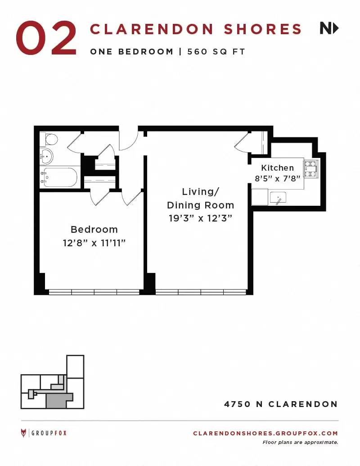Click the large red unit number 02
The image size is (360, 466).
[46, 38]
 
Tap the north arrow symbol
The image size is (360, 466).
[329, 28]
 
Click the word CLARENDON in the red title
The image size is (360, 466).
[152, 29]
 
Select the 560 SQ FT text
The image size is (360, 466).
[216, 52]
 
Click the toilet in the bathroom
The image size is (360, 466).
[49, 139]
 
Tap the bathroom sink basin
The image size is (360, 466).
[47, 156]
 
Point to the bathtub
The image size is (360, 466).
[59, 177]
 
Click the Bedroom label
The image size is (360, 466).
[94, 230]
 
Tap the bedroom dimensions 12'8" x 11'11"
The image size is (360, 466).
[94, 243]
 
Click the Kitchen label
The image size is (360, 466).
[278, 168]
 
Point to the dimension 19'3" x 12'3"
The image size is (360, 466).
[201, 218]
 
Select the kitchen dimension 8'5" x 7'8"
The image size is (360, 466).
[278, 179]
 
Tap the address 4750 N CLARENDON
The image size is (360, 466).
[281, 404]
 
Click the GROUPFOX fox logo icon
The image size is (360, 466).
[23, 433]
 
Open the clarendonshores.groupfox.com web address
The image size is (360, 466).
[265, 433]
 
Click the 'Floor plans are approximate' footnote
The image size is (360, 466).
[300, 443]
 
